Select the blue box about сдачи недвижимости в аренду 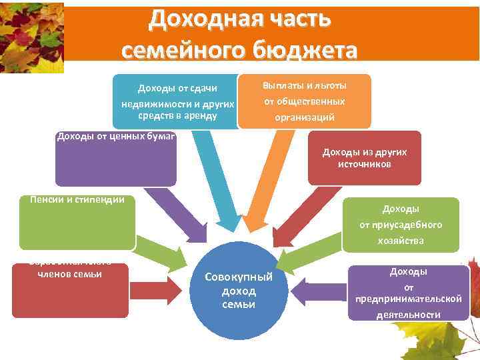pos(177,101)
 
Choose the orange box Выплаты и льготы pos(304,101)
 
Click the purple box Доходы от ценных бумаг pos(115,159)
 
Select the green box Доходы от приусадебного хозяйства pos(400,225)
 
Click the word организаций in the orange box pos(304,117)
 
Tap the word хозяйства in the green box pos(400,241)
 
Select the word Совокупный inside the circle pos(238,277)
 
